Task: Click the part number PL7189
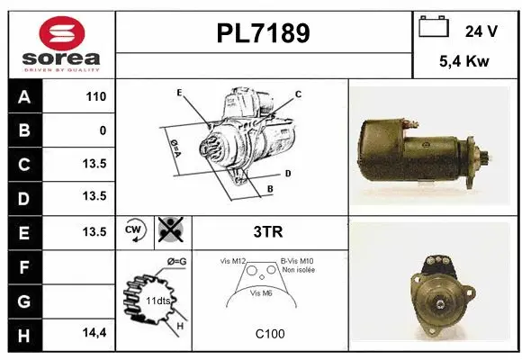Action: click(x=264, y=33)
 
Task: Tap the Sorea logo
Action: click(x=61, y=43)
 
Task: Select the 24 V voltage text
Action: click(x=481, y=31)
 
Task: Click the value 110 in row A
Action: click(x=95, y=96)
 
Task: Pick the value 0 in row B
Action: click(x=103, y=130)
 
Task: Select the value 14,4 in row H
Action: click(x=94, y=333)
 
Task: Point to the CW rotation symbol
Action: click(x=135, y=231)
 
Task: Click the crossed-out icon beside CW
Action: click(x=168, y=231)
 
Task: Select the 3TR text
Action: click(x=269, y=232)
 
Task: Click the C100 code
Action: click(x=269, y=334)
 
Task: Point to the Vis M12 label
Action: click(x=234, y=261)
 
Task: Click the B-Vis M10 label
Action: click(x=296, y=261)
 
